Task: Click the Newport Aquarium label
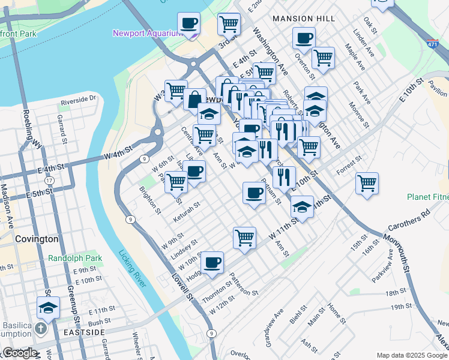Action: (146, 33)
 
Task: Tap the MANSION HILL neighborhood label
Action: (304, 19)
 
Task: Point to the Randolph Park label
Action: (75, 259)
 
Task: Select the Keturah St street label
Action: (186, 209)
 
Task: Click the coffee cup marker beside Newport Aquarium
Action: (189, 24)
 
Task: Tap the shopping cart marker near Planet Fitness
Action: (367, 183)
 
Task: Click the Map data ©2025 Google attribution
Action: (412, 355)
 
